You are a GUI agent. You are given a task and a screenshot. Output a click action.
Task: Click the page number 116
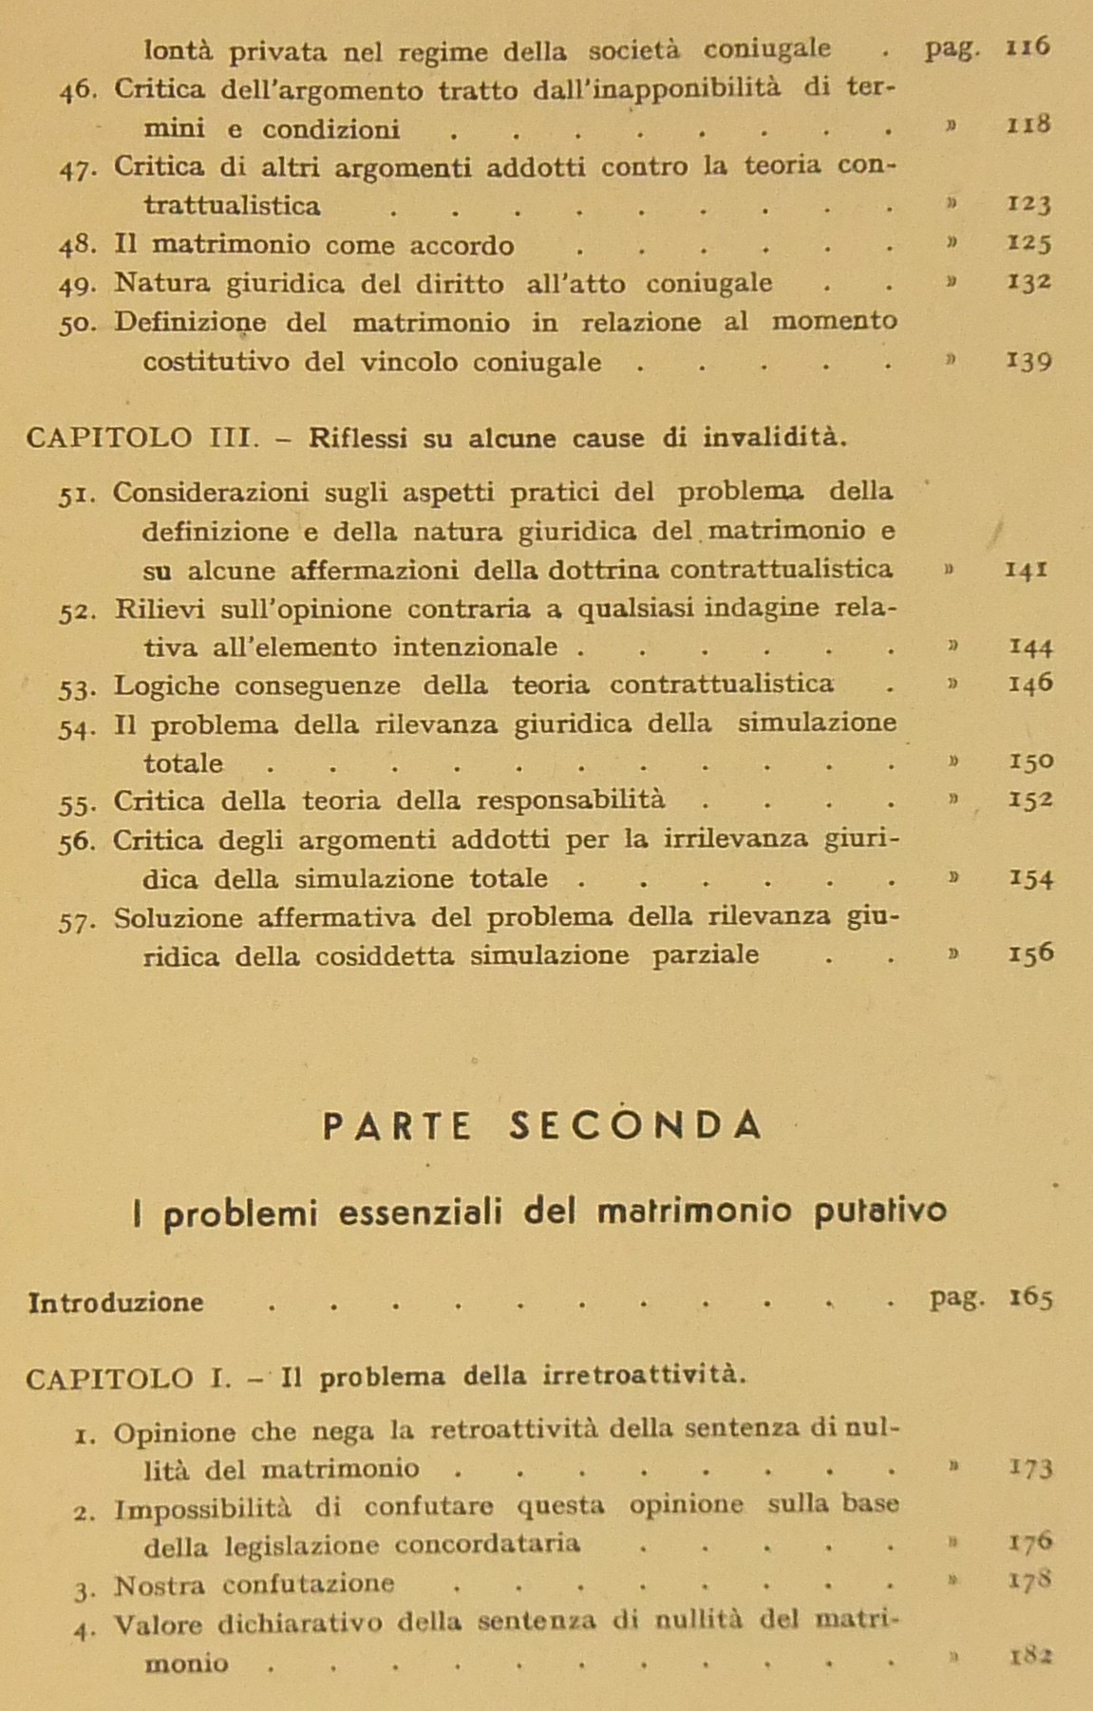click(1028, 47)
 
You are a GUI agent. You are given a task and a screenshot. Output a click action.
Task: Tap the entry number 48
click(78, 245)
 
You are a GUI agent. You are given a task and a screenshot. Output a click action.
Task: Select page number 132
click(1028, 282)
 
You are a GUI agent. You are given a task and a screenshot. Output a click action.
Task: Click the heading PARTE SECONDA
click(543, 1125)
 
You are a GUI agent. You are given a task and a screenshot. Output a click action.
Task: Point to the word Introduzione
click(116, 1302)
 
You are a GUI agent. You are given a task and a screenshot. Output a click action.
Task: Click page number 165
click(1030, 1298)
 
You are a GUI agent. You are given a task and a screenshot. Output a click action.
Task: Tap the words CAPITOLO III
click(143, 438)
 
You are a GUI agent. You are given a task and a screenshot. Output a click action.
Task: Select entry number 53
click(77, 686)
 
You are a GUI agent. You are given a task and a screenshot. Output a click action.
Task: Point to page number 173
click(1030, 1468)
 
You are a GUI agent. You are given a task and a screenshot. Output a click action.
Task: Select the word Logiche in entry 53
click(166, 686)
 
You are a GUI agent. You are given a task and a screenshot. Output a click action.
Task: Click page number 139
click(1028, 362)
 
